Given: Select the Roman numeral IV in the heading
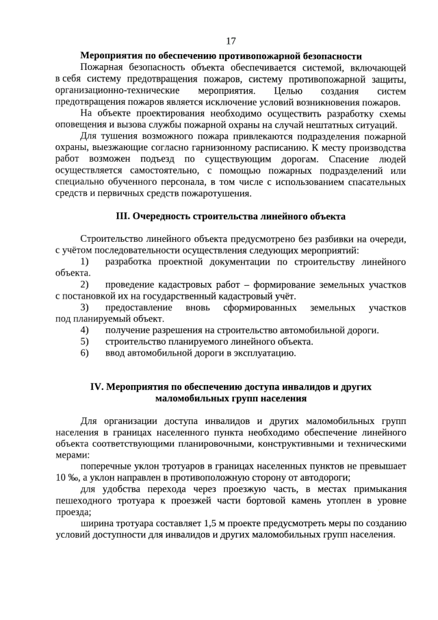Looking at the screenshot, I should [98, 387].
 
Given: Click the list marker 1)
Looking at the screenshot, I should [85, 262].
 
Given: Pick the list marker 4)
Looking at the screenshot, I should [85, 330].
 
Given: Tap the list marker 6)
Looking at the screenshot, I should [85, 353].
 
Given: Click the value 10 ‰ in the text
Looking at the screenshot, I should [68, 478].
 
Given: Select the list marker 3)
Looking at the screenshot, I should [85, 308].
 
